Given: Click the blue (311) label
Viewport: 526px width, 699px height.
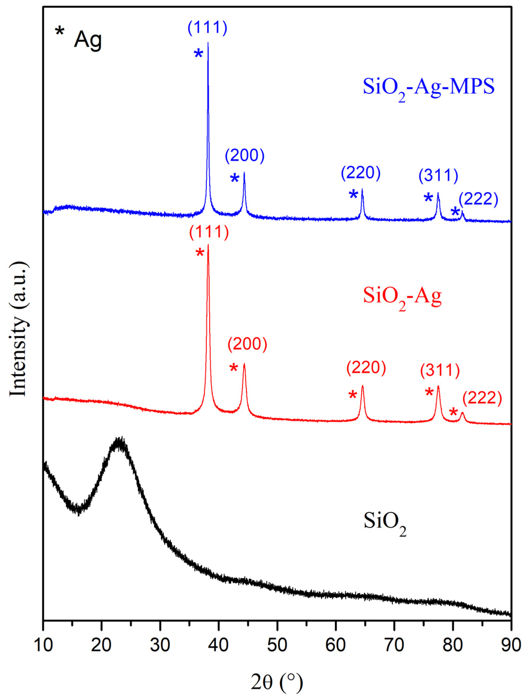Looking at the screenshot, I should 438,176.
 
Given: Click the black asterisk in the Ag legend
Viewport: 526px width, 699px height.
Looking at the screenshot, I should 60,32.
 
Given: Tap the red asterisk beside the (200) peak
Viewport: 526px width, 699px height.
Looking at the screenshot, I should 234,367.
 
